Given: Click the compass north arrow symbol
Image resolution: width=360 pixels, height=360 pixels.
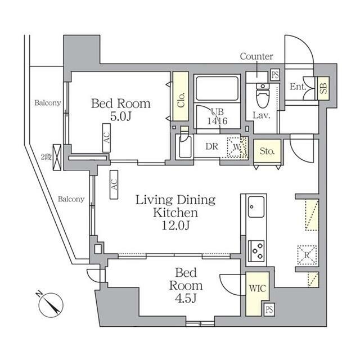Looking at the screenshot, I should click(x=51, y=304).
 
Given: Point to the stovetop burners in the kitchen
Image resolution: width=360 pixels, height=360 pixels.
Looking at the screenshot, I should click(x=256, y=248).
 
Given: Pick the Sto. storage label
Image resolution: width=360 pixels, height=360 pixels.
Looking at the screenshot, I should click(x=266, y=151).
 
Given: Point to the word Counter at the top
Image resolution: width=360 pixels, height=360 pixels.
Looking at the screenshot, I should click(x=256, y=56).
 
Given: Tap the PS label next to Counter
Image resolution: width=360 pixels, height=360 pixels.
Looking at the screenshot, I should click(x=275, y=74).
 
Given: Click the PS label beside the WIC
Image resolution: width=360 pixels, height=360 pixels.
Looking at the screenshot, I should click(x=269, y=309).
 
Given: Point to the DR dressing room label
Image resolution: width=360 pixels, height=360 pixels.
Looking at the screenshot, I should click(x=211, y=146).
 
